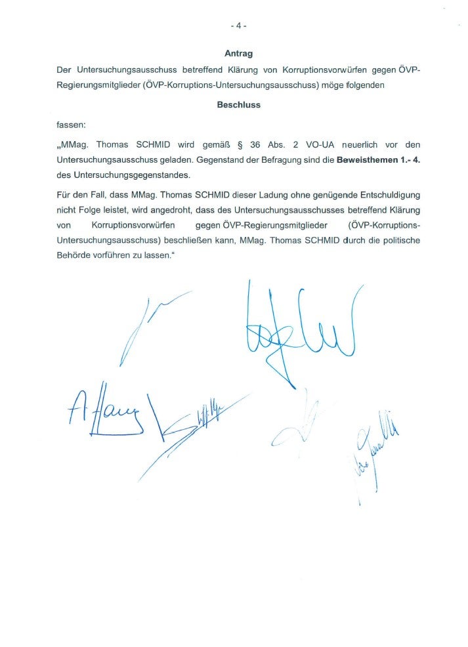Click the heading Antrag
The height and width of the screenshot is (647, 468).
[239, 53]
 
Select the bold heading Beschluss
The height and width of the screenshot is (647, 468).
[239, 104]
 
